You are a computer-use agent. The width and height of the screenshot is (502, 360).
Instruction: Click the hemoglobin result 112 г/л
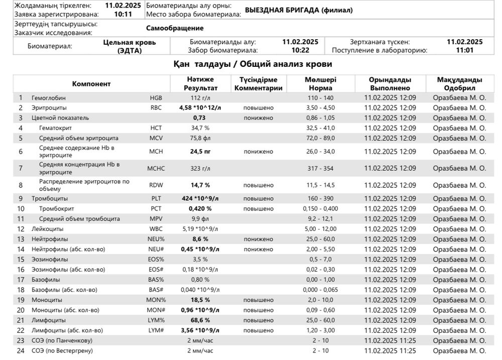click(200, 98)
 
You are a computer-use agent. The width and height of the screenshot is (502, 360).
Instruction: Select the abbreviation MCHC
click(156, 168)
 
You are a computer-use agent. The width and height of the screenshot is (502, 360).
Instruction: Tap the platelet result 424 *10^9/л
click(200, 199)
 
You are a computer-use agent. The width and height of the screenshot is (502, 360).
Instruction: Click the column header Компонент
click(91, 84)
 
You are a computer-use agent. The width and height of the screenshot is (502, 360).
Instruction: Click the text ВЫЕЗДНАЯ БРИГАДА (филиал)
click(299, 11)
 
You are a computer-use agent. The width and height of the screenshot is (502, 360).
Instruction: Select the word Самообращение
click(175, 29)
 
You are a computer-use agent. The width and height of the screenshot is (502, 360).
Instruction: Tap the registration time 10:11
click(123, 15)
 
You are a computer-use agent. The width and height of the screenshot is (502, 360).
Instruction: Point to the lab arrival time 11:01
click(464, 50)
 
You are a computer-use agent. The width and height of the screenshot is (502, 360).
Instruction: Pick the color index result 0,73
click(200, 118)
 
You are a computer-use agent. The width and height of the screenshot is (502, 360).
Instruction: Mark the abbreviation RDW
click(156, 185)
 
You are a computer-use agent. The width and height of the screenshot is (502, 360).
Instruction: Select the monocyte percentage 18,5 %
click(200, 300)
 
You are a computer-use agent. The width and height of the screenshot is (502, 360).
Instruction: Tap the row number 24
click(21, 350)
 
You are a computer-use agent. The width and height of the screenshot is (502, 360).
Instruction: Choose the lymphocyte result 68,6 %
click(200, 320)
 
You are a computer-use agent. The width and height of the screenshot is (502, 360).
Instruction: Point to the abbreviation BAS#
click(156, 290)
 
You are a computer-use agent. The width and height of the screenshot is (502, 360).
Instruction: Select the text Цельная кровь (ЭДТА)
click(130, 46)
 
